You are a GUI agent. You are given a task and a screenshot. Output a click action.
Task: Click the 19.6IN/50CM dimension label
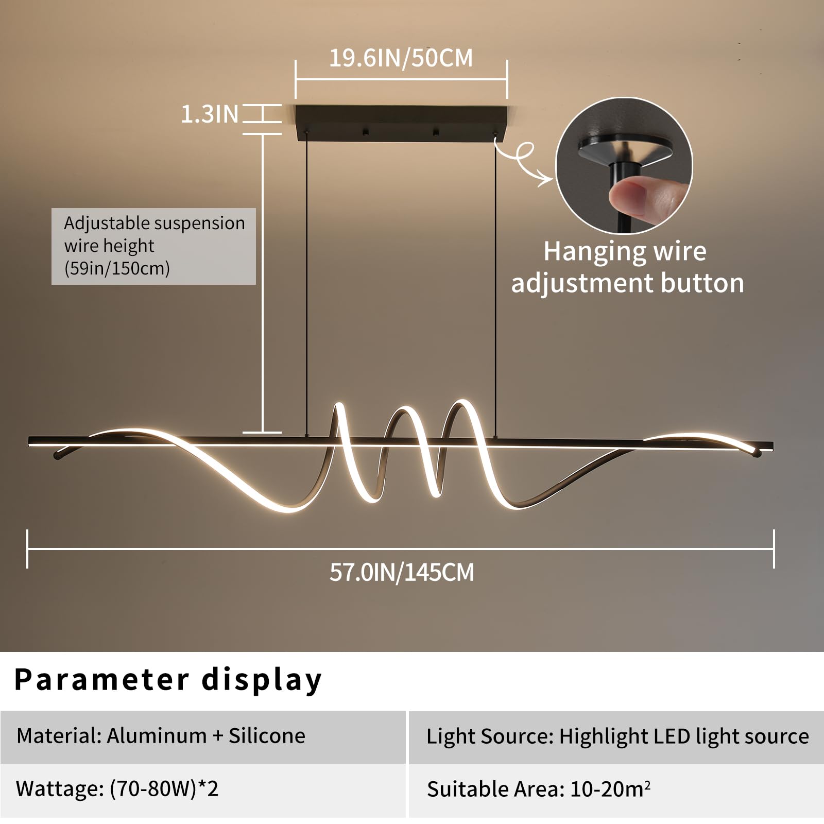[401, 58]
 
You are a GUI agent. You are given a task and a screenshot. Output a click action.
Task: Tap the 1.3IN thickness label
[210, 114]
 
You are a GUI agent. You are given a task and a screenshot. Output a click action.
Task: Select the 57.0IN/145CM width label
[402, 572]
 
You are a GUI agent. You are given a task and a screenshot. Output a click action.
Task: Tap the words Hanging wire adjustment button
[627, 267]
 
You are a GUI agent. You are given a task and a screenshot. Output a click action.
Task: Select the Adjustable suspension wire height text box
[153, 246]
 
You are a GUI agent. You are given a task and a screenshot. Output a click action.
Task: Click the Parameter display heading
[168, 680]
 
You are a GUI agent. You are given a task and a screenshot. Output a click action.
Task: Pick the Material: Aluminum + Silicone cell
[203, 737]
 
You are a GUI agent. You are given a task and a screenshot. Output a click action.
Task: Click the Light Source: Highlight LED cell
[616, 737]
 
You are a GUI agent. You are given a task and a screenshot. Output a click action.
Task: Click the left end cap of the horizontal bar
[31, 441]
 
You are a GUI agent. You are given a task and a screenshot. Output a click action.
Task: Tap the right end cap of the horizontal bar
[771, 447]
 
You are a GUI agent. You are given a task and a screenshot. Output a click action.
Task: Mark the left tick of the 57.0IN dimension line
[27, 549]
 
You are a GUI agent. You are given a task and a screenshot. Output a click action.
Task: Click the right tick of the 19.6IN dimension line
[507, 79]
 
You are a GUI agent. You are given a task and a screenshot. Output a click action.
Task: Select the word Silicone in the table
[267, 735]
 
